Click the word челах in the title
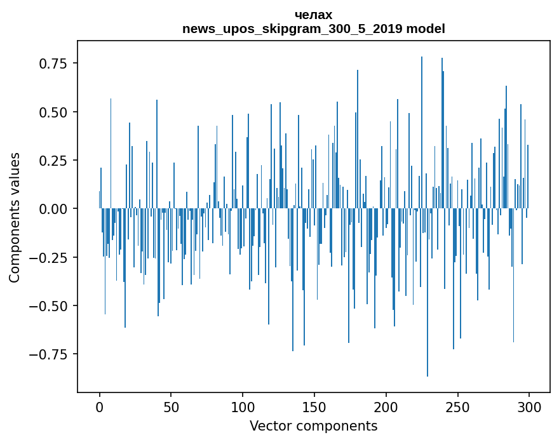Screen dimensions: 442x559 (x=314, y=15)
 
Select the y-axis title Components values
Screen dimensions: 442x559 (x=15, y=217)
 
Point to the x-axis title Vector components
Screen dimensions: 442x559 (x=314, y=426)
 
